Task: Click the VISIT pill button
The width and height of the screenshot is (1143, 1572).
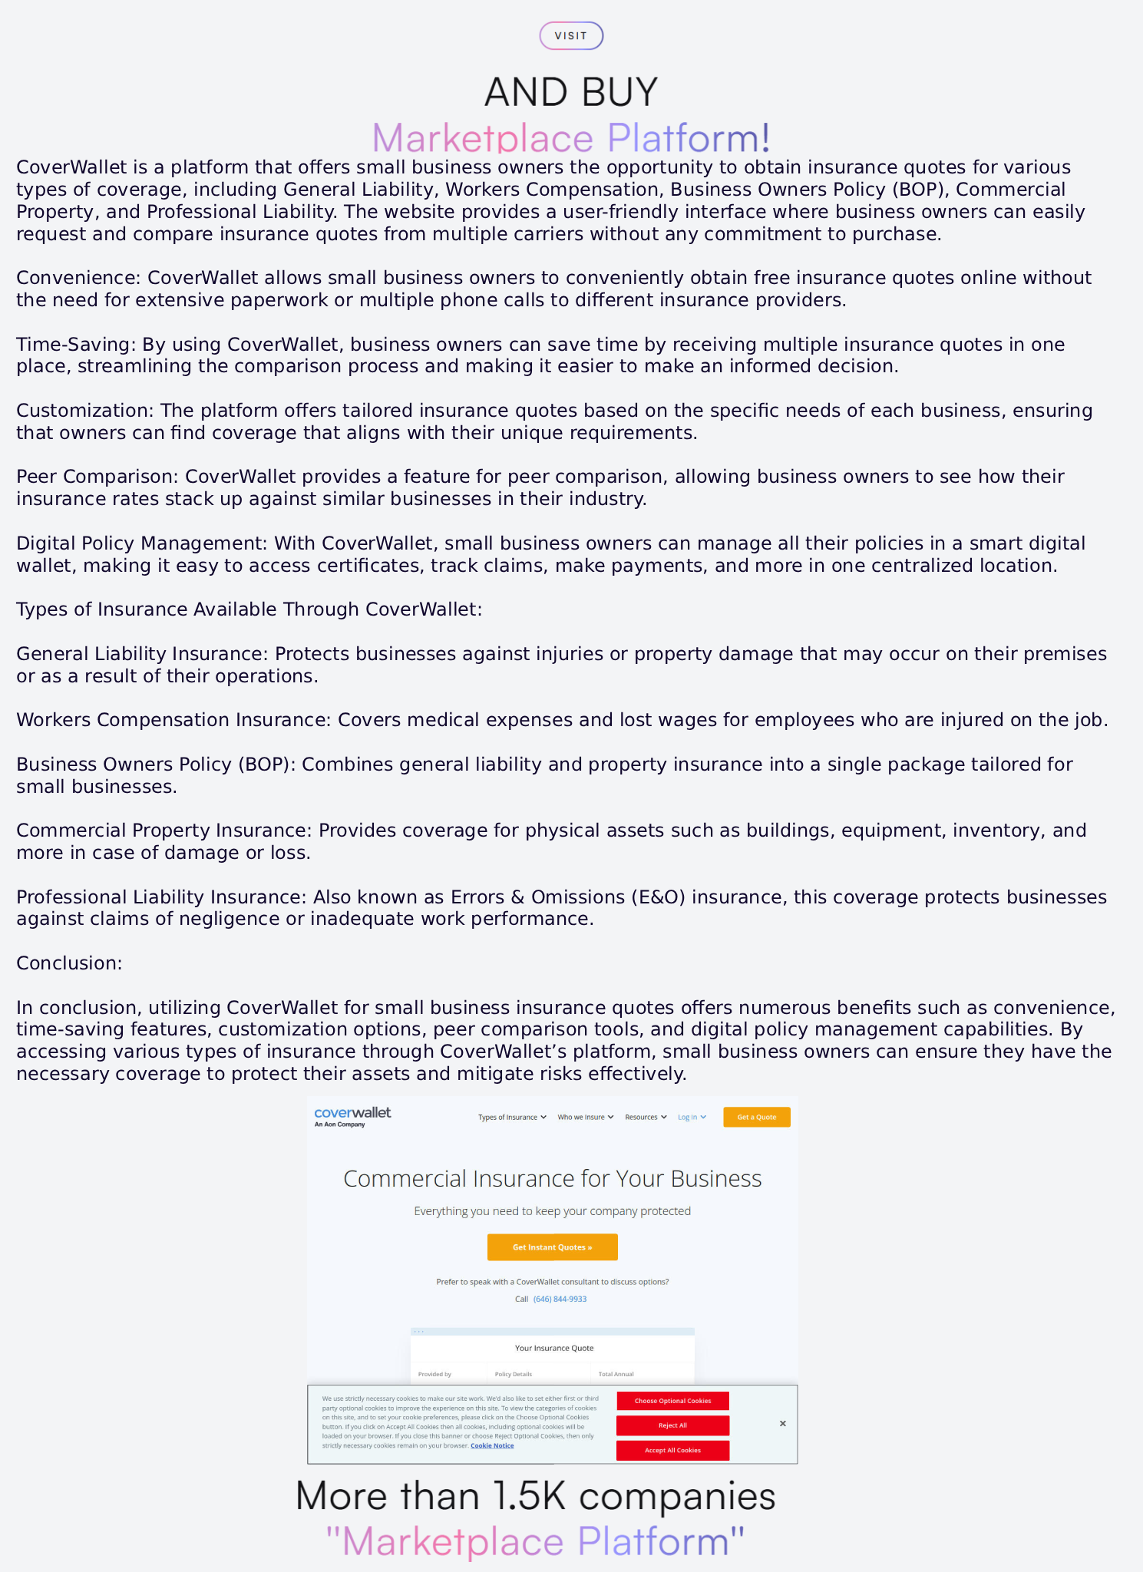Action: tap(571, 36)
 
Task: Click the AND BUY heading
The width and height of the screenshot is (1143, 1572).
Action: tap(571, 92)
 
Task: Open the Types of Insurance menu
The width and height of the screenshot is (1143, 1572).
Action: tap(512, 1118)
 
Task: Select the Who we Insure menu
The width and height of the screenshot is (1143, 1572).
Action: tap(585, 1118)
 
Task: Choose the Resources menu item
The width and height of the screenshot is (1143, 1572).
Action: tap(646, 1118)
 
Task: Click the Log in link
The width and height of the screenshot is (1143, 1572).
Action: tap(691, 1118)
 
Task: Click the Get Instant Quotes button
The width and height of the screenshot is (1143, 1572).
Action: tap(552, 1247)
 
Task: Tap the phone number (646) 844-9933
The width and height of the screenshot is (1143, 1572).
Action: tap(560, 1299)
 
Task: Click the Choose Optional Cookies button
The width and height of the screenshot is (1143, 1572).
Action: tap(672, 1401)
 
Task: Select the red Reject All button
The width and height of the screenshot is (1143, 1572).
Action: tap(672, 1425)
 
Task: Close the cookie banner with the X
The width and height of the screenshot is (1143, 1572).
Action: tap(782, 1424)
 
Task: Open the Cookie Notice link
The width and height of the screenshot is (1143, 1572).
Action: tap(492, 1445)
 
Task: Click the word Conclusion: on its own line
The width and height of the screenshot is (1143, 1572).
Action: tap(69, 963)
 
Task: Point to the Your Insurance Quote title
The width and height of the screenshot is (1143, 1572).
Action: tap(553, 1348)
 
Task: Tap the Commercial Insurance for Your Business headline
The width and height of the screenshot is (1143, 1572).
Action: tap(552, 1179)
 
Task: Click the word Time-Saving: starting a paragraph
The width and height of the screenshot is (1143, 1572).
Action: tap(76, 345)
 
